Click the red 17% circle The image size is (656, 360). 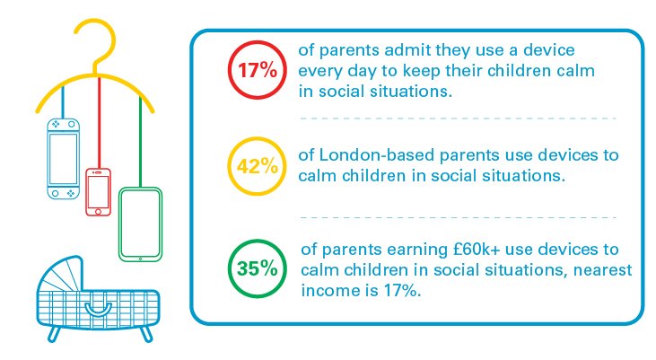click(x=229, y=69)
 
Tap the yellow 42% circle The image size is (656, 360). click(x=229, y=166)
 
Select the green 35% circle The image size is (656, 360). click(x=229, y=268)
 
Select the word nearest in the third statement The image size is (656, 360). click(x=602, y=270)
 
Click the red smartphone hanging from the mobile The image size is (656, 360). click(x=99, y=192)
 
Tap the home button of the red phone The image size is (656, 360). click(x=98, y=211)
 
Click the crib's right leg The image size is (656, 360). click(x=146, y=334)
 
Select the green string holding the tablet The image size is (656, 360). click(x=140, y=142)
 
